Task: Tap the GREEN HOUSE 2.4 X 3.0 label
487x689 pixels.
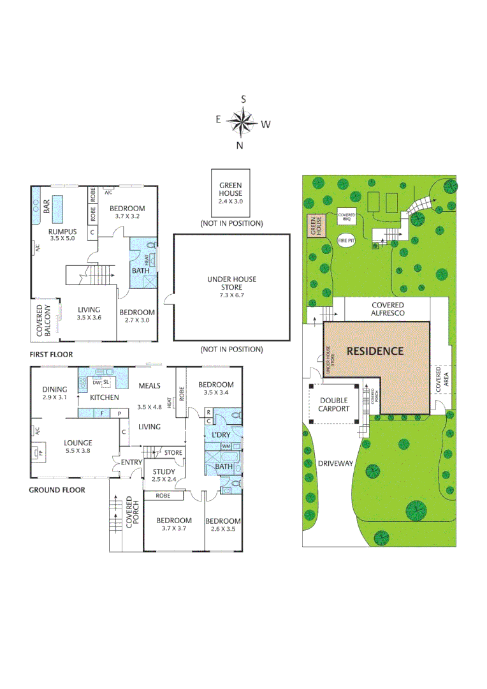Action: point(230,193)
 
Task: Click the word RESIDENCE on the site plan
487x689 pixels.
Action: point(375,351)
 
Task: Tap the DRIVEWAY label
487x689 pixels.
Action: point(335,464)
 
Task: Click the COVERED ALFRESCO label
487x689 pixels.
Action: point(388,309)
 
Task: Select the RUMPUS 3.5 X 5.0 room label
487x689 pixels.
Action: point(62,235)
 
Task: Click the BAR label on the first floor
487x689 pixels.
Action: point(47,207)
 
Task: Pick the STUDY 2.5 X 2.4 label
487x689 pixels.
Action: point(163,475)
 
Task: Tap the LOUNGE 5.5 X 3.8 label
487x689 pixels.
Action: point(78,447)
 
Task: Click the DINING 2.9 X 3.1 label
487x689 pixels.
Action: point(55,393)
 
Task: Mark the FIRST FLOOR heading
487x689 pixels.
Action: point(51,354)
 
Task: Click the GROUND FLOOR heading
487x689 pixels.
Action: point(57,490)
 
